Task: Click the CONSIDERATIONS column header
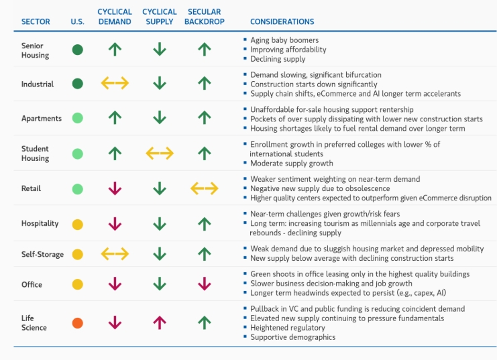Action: coord(282,21)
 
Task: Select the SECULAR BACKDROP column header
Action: coord(205,17)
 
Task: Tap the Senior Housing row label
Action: coord(35,50)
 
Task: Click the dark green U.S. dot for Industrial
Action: coord(78,84)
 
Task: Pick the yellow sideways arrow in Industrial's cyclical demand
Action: coord(115,83)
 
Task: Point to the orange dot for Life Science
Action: coord(78,323)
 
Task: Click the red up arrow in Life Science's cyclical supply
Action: coord(160,323)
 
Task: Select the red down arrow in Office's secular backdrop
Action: coord(205,284)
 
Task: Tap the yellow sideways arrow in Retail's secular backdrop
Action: coord(205,188)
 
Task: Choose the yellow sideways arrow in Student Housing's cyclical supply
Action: coord(160,154)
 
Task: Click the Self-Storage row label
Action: coord(42,254)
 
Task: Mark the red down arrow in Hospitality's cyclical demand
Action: coord(115,224)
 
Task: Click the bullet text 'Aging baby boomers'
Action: coord(284,40)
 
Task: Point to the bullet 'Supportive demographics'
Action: coord(293,337)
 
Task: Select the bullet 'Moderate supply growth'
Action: coord(292,163)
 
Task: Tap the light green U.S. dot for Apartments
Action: coord(78,118)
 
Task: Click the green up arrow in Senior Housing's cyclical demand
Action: coord(115,50)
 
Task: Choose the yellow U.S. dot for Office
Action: coord(78,284)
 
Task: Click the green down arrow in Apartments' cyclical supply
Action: coord(160,117)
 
